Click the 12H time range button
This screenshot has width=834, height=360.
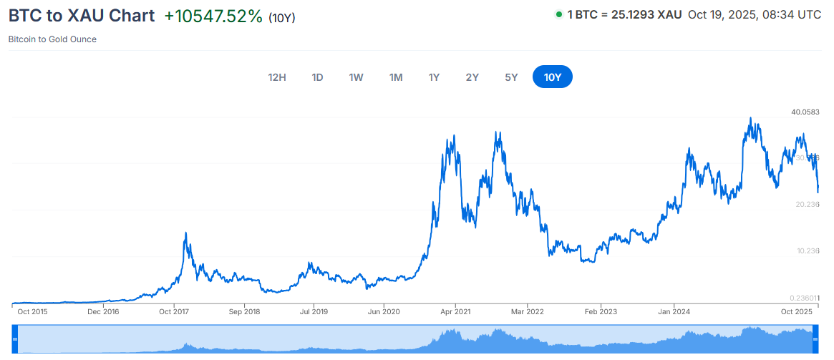[x=277, y=77]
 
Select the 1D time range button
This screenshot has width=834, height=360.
[x=317, y=77]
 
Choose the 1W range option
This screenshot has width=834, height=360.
[x=356, y=77]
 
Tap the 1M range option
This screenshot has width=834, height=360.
[x=395, y=77]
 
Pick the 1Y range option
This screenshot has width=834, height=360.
[x=434, y=77]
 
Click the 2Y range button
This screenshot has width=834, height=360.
[x=472, y=77]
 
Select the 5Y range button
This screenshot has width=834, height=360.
[x=511, y=77]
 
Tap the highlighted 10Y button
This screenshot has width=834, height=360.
[x=552, y=77]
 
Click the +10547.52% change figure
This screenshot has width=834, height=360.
[x=213, y=16]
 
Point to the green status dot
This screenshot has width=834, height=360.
[x=558, y=14]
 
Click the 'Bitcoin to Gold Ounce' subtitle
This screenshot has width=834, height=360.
[x=52, y=39]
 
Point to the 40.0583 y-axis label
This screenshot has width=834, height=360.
[x=805, y=112]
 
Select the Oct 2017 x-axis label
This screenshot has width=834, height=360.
[x=174, y=311]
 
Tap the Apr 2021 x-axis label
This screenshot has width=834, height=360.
[x=455, y=311]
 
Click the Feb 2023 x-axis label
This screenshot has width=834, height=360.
[x=600, y=311]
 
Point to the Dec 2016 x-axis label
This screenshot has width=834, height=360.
[x=102, y=311]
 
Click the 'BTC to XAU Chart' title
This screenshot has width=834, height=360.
[x=82, y=16]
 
